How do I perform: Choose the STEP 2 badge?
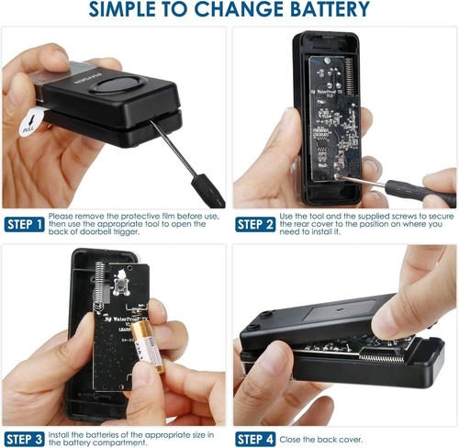pos(254,225)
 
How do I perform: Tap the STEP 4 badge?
pos(254,439)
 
